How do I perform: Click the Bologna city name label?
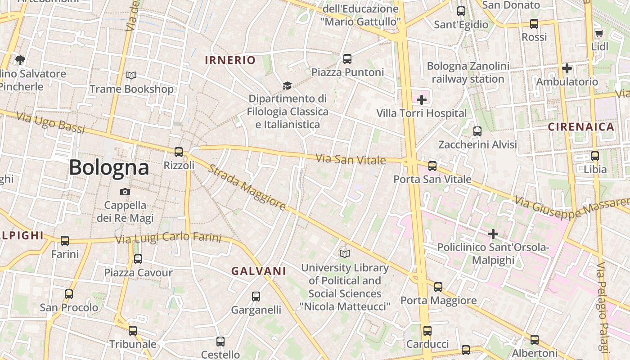pos(109,168)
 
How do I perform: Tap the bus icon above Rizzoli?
pos(179,152)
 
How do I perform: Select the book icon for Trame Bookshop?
pos(131,76)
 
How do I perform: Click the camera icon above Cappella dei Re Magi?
pos(125,192)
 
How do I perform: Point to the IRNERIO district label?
pos(230,60)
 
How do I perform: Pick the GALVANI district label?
pos(259,271)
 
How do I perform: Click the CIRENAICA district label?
pos(581,127)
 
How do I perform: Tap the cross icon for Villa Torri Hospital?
pos(422,100)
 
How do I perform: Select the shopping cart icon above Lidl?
pos(599,33)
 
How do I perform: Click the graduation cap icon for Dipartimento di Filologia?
pos(287,85)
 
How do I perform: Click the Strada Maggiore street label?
pos(247,187)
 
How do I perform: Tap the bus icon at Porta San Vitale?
pos(432,166)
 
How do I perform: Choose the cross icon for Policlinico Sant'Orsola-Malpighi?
pos(493,234)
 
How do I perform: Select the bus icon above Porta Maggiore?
pos(438,287)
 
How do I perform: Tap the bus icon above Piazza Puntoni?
pos(347,59)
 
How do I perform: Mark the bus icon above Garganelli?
pos(256,297)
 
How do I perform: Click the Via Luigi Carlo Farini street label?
pos(168,237)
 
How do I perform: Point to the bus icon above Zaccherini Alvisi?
pos(477,131)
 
